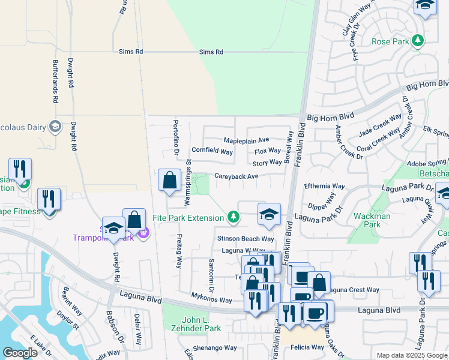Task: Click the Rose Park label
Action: (x=390, y=41)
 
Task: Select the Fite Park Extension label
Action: (x=188, y=217)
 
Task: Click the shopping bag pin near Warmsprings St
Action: (x=170, y=180)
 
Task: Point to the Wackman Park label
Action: (x=372, y=220)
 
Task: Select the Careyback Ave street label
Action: (x=236, y=176)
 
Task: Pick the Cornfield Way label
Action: (x=212, y=151)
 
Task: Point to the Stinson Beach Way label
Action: (x=245, y=239)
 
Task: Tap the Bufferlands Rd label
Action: (x=55, y=81)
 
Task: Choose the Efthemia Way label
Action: (x=325, y=186)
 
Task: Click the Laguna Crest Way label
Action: (x=355, y=290)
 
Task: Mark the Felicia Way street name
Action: (x=307, y=347)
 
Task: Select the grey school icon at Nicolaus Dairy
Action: (x=55, y=126)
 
